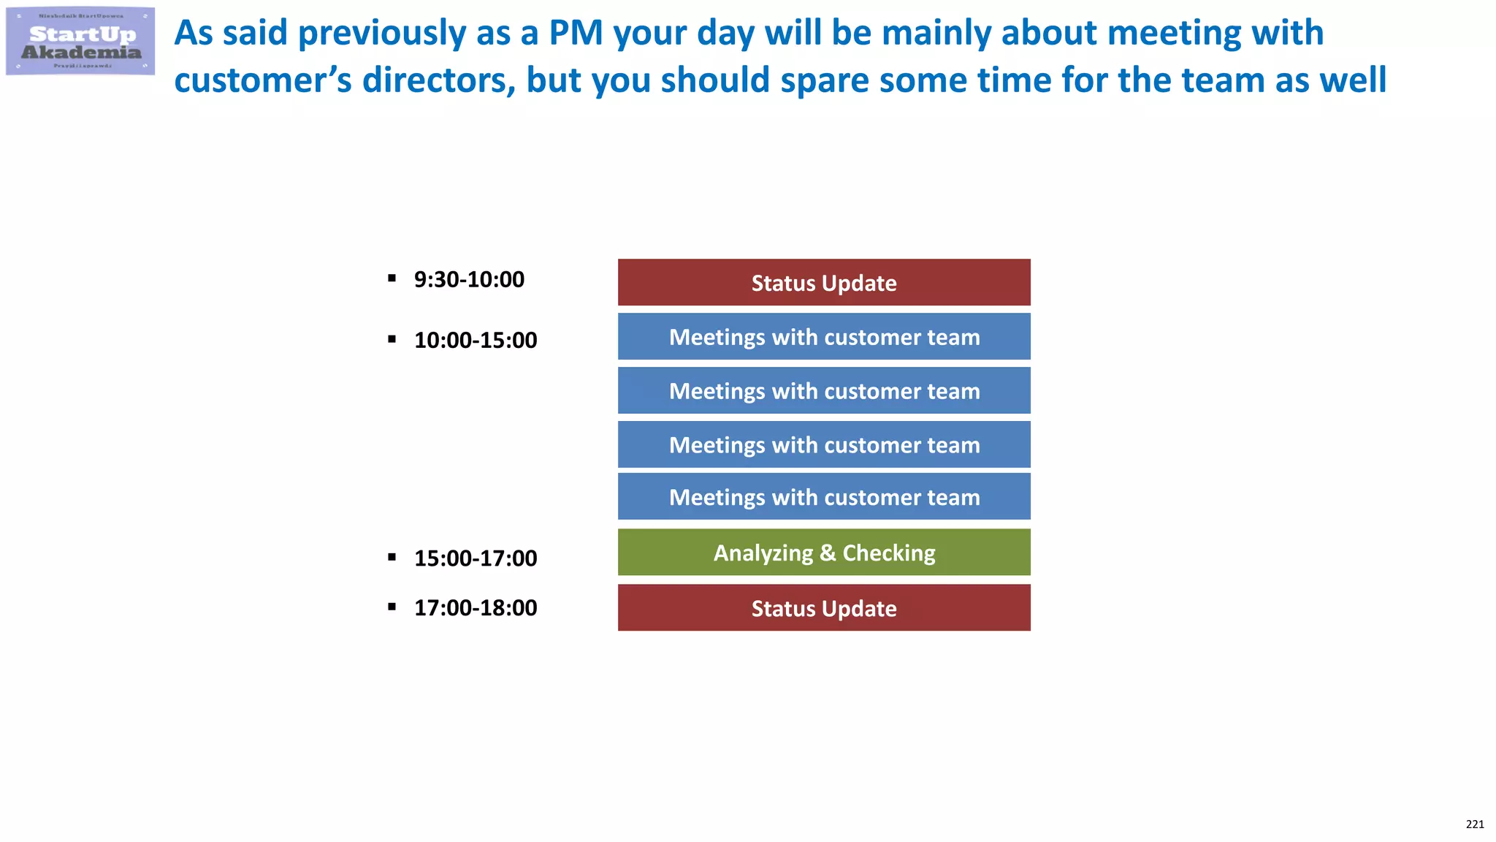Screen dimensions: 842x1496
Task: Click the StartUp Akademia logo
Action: [80, 42]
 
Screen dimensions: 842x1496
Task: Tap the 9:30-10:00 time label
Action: [469, 279]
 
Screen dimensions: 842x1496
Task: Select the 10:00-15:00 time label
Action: [476, 340]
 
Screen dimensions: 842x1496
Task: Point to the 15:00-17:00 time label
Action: [476, 558]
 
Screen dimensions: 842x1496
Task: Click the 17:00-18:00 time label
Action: [476, 608]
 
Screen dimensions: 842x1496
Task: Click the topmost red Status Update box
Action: [824, 283]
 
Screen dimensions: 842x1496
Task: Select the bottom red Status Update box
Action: [824, 608]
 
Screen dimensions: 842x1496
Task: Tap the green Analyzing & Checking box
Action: [824, 553]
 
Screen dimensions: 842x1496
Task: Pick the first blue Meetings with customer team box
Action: [824, 337]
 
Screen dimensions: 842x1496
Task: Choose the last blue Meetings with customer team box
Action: [824, 497]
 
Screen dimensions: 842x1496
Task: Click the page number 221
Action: [1475, 824]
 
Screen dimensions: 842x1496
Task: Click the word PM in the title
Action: [576, 34]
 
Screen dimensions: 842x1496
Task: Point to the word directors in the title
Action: [439, 80]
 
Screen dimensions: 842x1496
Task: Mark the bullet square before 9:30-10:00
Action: [392, 278]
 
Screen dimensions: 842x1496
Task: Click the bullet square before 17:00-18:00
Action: [392, 607]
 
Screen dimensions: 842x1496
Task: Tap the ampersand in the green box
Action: [828, 553]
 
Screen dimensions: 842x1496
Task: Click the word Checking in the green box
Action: [889, 553]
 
